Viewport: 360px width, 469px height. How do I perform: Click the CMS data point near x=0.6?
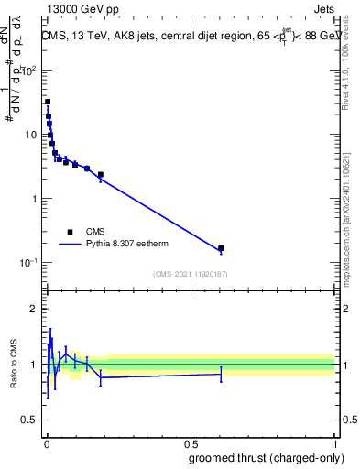pyautogui.click(x=221, y=248)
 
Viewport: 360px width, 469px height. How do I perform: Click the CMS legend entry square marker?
pyautogui.click(x=69, y=232)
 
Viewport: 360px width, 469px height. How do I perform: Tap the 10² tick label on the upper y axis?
pyautogui.click(x=29, y=71)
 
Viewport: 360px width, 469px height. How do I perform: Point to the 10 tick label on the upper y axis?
pyautogui.click(x=31, y=135)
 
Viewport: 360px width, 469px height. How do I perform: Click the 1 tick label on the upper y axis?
pyautogui.click(x=35, y=199)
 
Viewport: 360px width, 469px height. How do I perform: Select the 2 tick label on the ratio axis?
pyautogui.click(x=35, y=309)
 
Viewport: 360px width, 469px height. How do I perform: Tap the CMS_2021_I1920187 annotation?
pyautogui.click(x=190, y=274)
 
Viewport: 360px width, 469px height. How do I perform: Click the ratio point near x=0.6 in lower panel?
pyautogui.click(x=221, y=374)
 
